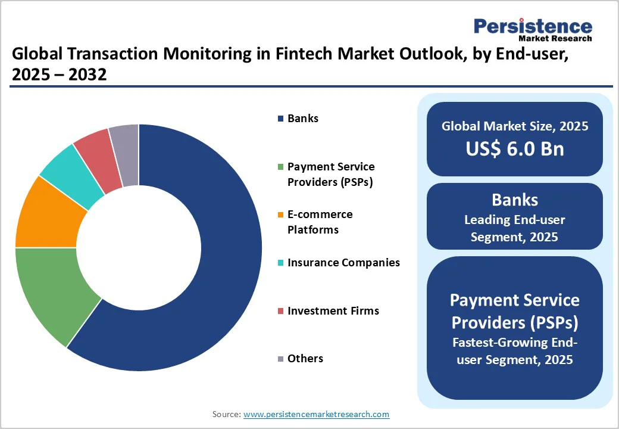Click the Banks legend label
click(x=302, y=119)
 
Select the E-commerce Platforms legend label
click(x=320, y=222)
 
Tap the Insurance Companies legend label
click(x=343, y=263)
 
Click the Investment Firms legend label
click(x=333, y=310)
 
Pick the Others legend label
click(x=305, y=358)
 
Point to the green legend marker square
click(x=280, y=167)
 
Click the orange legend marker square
click(x=280, y=215)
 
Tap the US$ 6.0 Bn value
click(x=514, y=148)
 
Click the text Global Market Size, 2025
click(x=514, y=126)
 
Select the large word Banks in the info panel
click(x=514, y=199)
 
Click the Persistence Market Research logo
click(x=532, y=29)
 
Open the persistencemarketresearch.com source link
click(x=316, y=414)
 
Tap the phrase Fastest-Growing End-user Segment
click(x=514, y=352)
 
